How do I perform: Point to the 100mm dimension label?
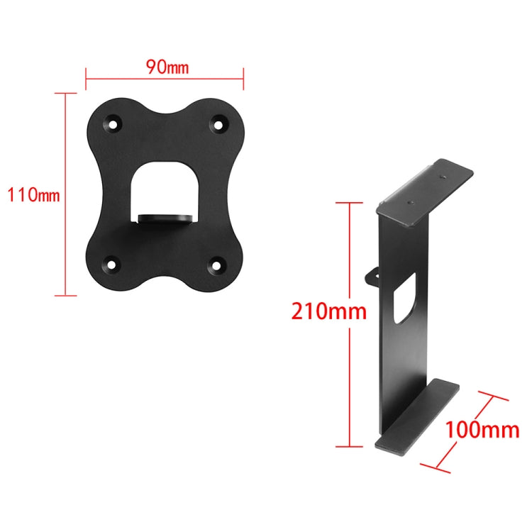pos(482,429)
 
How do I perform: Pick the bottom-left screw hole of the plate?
pos(112,266)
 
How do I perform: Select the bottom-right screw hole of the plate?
pos(216,267)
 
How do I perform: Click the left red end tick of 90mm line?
pos(86,78)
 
